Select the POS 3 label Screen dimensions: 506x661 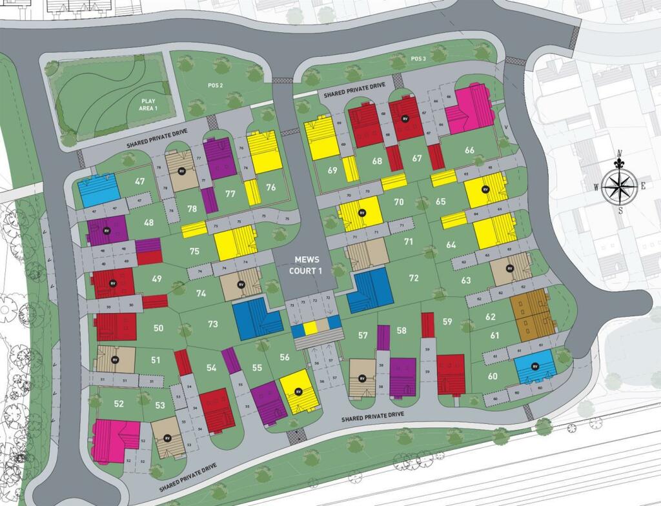418,59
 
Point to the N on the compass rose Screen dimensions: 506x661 620,154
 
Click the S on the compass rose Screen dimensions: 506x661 620,210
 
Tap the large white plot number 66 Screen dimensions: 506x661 469,150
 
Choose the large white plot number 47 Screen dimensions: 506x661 139,182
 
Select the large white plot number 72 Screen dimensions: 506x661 414,278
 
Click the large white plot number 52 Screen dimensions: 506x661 119,404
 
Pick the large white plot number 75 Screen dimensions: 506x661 194,252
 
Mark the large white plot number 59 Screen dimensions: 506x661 447,321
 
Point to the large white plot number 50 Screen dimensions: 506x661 159,329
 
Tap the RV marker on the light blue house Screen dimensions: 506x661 534,367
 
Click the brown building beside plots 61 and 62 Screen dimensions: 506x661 531,313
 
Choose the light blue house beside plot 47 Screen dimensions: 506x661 98,189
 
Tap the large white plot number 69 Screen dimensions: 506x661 333,171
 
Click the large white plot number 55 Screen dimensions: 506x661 258,368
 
